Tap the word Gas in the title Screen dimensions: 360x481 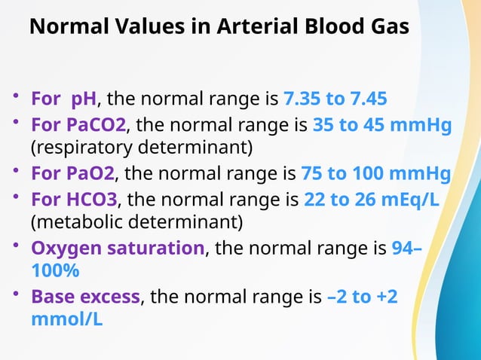(x=387, y=26)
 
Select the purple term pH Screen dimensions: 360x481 (x=84, y=99)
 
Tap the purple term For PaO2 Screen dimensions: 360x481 (x=72, y=174)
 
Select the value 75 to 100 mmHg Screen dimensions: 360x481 (x=375, y=174)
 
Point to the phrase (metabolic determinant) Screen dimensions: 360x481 (x=136, y=222)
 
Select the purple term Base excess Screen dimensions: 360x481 (x=85, y=297)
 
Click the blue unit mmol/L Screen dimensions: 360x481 (x=67, y=319)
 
